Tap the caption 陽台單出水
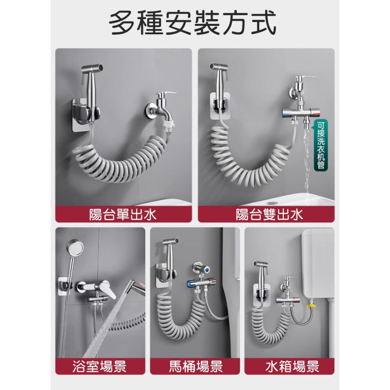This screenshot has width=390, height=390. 123,214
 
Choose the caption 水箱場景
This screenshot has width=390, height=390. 292,367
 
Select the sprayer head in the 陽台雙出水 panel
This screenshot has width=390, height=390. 220,72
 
